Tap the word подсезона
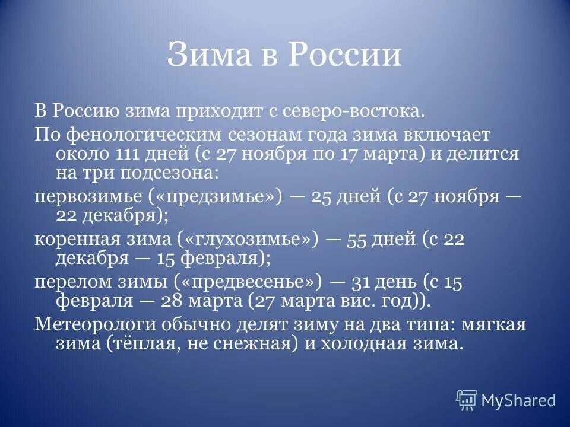168,173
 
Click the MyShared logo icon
467,400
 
